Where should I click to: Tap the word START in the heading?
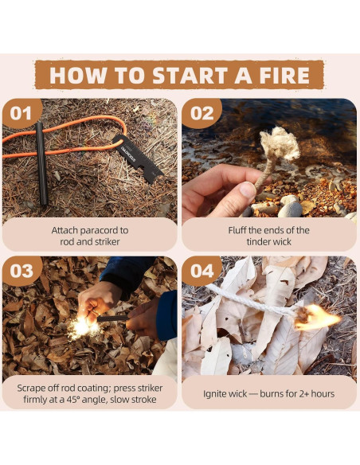(x=190, y=76)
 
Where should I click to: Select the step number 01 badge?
(x=21, y=113)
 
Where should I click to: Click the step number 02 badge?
(x=202, y=113)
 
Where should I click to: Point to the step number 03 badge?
(x=21, y=271)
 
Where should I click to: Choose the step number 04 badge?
(x=202, y=271)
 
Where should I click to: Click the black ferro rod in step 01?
(x=41, y=163)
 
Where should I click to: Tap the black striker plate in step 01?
(x=137, y=158)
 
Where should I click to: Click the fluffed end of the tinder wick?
(x=280, y=143)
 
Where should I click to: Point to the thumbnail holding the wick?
(x=248, y=190)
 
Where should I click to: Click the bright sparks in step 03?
(x=83, y=327)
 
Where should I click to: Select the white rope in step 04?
(x=252, y=300)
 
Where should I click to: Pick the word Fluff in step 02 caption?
(x=237, y=230)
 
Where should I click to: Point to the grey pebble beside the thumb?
(x=290, y=209)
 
